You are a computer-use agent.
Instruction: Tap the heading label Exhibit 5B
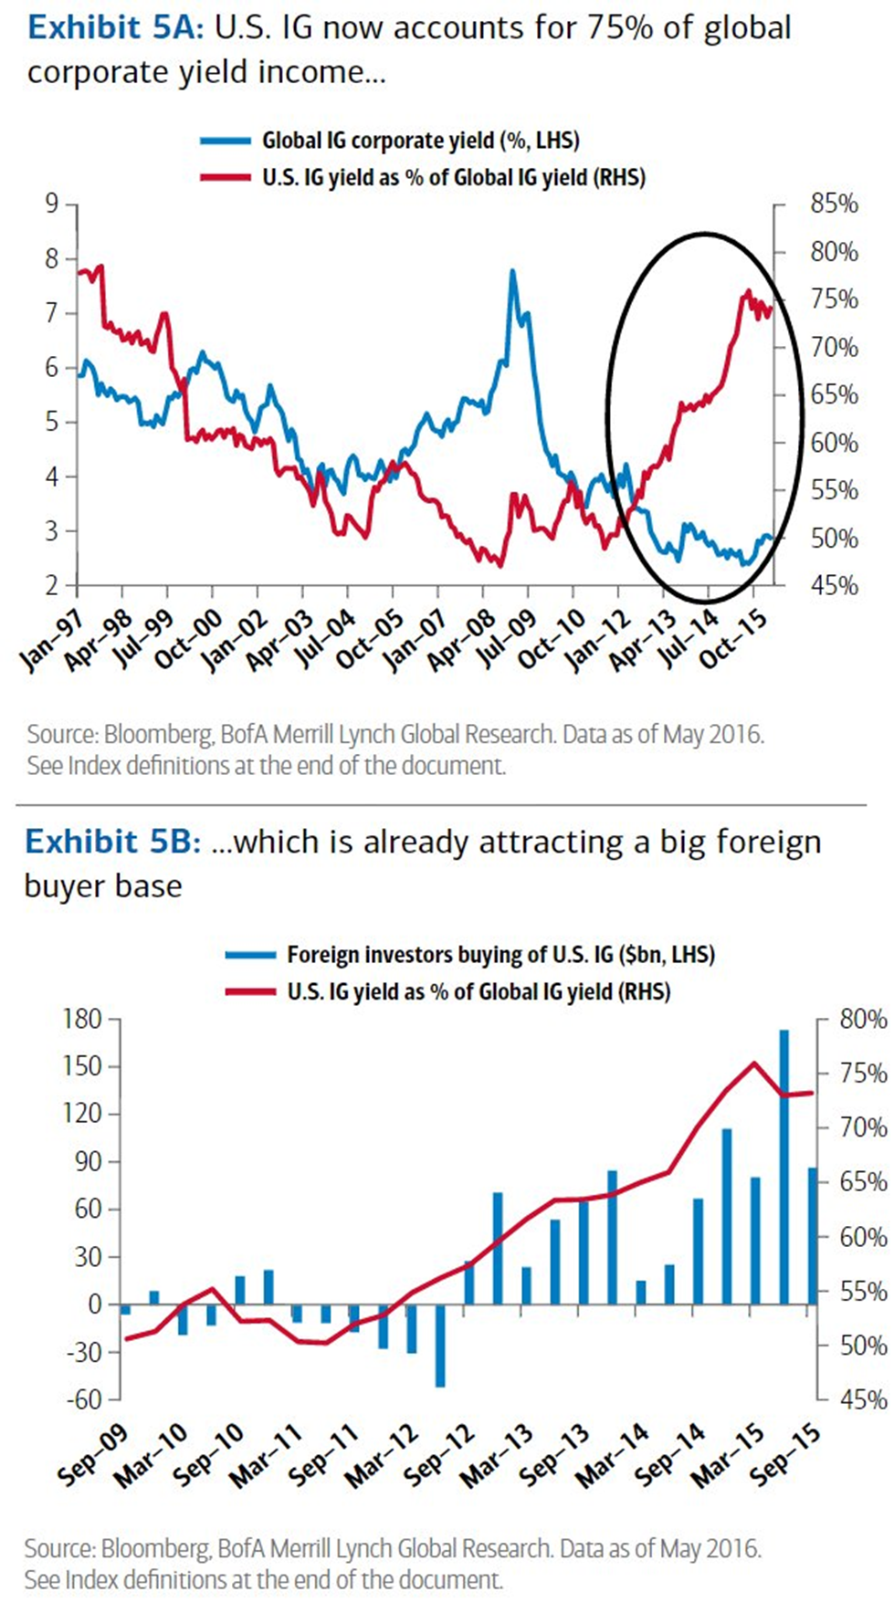point(112,841)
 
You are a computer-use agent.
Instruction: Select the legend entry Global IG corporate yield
point(421,140)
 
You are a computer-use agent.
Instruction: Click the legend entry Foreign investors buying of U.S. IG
point(500,955)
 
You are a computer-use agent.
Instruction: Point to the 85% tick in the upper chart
point(834,204)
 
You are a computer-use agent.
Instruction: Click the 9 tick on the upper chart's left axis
point(52,203)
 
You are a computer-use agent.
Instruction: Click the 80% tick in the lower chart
point(863,1019)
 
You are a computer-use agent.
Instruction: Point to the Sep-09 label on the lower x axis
point(91,1455)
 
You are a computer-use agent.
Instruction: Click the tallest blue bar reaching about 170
point(784,1167)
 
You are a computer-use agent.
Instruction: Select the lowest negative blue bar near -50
point(440,1346)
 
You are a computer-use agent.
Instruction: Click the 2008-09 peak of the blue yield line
point(512,271)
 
